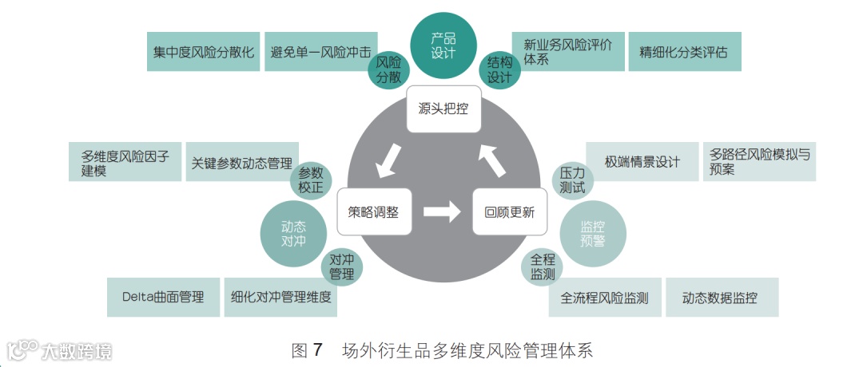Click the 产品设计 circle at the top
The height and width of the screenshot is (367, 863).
click(443, 45)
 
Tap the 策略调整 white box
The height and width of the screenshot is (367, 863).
click(373, 211)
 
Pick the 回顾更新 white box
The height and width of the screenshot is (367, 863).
click(509, 211)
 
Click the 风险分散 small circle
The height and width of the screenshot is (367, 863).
click(388, 69)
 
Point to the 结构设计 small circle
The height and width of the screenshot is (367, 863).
click(499, 69)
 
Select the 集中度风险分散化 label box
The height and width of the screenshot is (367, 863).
click(204, 53)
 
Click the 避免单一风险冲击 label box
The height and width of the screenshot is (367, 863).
click(320, 53)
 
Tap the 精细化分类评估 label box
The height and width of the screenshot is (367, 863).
click(684, 53)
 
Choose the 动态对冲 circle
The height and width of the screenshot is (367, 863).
click(294, 232)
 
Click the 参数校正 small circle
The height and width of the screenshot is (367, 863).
click(311, 180)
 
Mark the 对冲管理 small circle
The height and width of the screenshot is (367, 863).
click(341, 267)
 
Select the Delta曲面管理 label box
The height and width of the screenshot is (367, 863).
click(163, 298)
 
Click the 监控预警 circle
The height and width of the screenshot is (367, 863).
click(592, 234)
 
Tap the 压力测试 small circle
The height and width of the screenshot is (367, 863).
click(572, 180)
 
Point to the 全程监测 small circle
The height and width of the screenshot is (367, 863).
click(543, 267)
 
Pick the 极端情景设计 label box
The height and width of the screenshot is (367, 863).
click(642, 162)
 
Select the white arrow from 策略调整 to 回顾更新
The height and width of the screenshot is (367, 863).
click(442, 211)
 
